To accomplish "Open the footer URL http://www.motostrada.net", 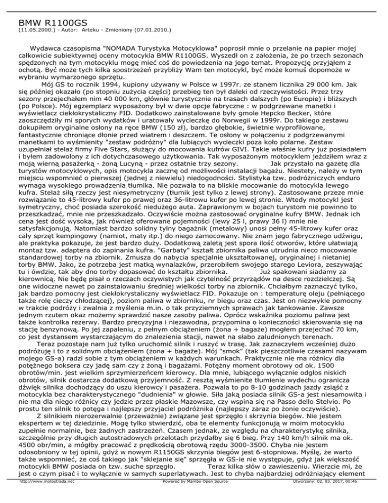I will [x=39, y=496].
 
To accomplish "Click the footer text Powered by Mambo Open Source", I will [x=194, y=496].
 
